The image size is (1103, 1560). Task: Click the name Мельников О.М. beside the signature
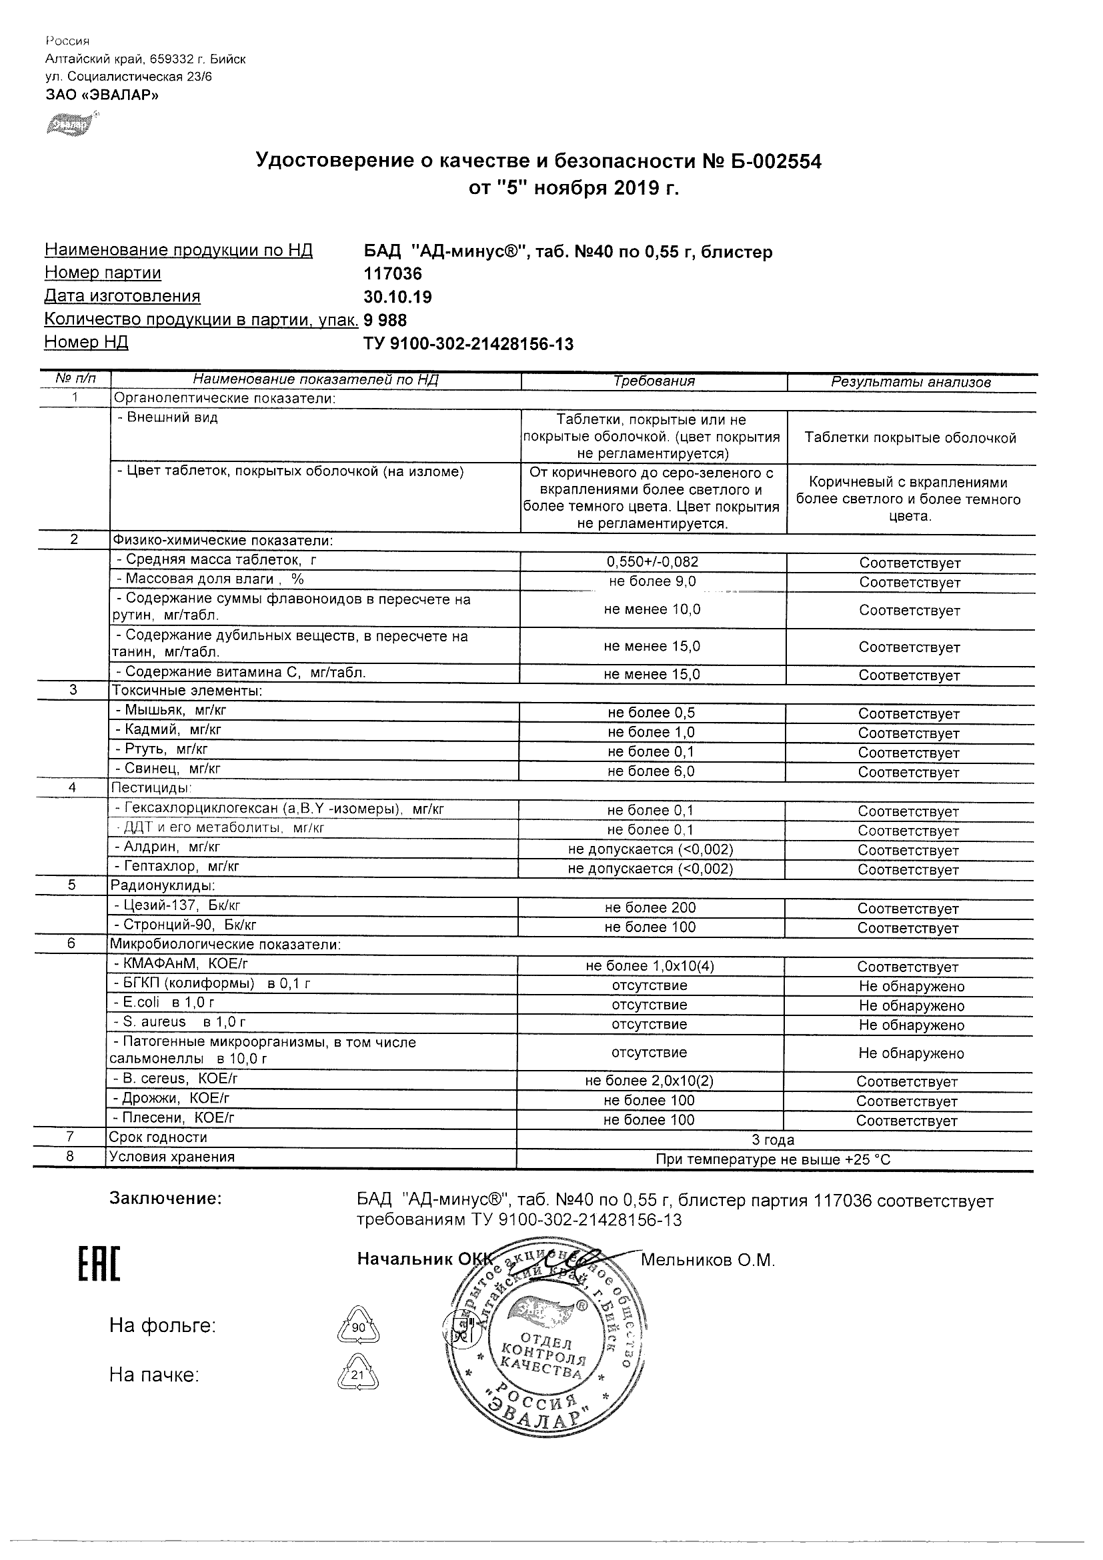click(708, 1261)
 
